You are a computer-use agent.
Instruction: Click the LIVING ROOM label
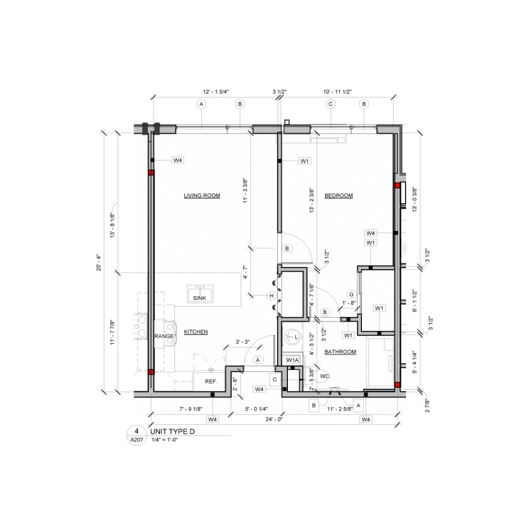click(x=202, y=196)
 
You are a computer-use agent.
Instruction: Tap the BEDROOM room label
click(x=338, y=196)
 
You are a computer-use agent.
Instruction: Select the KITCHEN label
click(x=196, y=332)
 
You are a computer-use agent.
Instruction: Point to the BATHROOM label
click(x=340, y=352)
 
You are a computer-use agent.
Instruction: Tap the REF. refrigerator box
click(x=211, y=382)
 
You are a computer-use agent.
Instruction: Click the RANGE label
click(x=164, y=337)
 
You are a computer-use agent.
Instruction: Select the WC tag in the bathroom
click(x=324, y=377)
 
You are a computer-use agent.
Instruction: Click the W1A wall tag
click(x=293, y=360)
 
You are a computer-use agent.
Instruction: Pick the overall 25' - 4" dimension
click(x=105, y=263)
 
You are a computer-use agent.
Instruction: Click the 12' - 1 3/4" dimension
click(x=216, y=92)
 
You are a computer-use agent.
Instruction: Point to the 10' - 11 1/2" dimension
click(x=338, y=92)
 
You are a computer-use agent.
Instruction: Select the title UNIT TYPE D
click(x=173, y=431)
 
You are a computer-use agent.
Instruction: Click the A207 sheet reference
click(x=136, y=440)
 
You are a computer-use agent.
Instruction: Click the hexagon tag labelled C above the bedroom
click(x=330, y=104)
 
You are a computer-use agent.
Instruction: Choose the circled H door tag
click(x=272, y=296)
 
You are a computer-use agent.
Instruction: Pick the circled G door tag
click(x=350, y=294)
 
